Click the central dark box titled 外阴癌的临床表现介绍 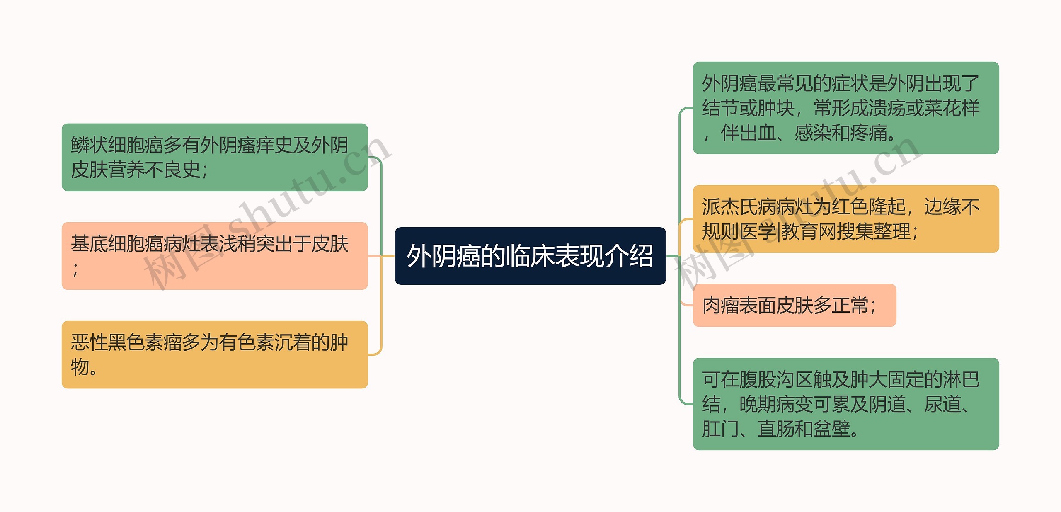pyautogui.click(x=530, y=256)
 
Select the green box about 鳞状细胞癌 pyautogui.click(x=215, y=157)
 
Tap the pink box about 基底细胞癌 pyautogui.click(x=215, y=256)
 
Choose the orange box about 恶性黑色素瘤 pyautogui.click(x=215, y=354)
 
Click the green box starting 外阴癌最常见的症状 pyautogui.click(x=845, y=108)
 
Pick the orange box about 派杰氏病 pyautogui.click(x=845, y=219)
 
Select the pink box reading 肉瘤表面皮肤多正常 pyautogui.click(x=794, y=305)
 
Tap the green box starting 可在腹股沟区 pyautogui.click(x=845, y=404)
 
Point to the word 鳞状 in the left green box pyautogui.click(x=89, y=145)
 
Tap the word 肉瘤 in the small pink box pyautogui.click(x=721, y=306)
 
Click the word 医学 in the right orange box pyautogui.click(x=758, y=231)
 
